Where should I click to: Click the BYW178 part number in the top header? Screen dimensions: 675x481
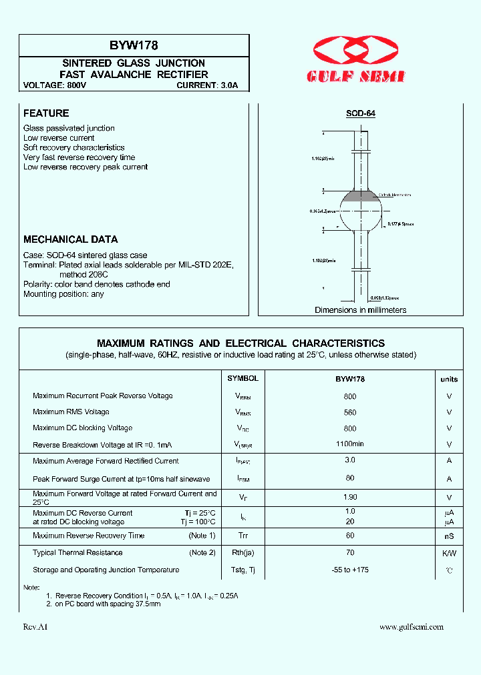click(134, 45)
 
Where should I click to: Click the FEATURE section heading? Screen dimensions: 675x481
click(46, 113)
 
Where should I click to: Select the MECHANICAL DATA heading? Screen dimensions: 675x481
click(70, 239)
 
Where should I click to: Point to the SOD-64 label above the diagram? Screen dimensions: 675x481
click(360, 113)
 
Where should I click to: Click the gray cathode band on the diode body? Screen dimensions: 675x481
click(360, 196)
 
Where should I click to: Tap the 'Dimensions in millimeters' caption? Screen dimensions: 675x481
click(360, 310)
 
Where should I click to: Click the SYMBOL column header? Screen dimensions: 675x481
click(243, 378)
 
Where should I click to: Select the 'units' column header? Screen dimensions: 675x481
click(449, 379)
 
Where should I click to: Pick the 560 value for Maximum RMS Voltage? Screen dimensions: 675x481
click(349, 412)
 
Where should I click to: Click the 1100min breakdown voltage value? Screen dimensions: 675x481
click(349, 444)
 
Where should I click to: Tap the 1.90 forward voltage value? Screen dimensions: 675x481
click(349, 497)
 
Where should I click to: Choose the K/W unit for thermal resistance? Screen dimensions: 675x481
click(449, 553)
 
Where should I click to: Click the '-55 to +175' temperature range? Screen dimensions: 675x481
click(349, 570)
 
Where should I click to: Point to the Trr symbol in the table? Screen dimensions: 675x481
click(243, 536)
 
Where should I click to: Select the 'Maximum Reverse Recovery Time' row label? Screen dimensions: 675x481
click(88, 536)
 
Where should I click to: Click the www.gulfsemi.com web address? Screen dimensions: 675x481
click(411, 627)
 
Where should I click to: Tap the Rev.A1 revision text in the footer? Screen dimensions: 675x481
click(35, 627)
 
